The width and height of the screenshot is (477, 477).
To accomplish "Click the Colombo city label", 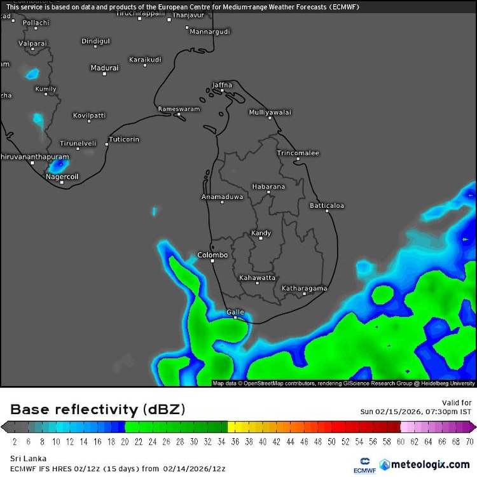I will point(212,255).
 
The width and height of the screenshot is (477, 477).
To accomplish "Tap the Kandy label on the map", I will point(261,233).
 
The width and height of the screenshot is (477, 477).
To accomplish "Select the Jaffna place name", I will point(222,85).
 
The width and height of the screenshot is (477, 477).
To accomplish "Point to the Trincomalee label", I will point(298,153).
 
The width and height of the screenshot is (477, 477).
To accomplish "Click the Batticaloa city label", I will point(327,205).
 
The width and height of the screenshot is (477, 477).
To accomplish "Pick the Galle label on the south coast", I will point(235,312).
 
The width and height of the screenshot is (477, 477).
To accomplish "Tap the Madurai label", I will point(104,67).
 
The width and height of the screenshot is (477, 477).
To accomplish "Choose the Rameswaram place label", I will point(179,109).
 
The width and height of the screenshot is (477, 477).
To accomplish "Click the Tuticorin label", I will point(124,139).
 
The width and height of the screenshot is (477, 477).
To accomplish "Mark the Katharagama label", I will point(304,288).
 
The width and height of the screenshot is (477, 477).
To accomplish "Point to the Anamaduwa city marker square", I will point(222,202).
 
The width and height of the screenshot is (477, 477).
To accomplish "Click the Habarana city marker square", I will point(268,192).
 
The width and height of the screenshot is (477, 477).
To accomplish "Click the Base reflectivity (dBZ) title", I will point(83,409).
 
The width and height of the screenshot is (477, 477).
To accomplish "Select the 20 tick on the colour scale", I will point(125,440).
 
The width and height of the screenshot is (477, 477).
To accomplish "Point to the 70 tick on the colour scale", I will point(469,440).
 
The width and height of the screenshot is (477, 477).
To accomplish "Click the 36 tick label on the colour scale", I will point(235,440).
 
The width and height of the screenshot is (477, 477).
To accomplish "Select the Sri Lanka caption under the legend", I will point(24,457).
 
